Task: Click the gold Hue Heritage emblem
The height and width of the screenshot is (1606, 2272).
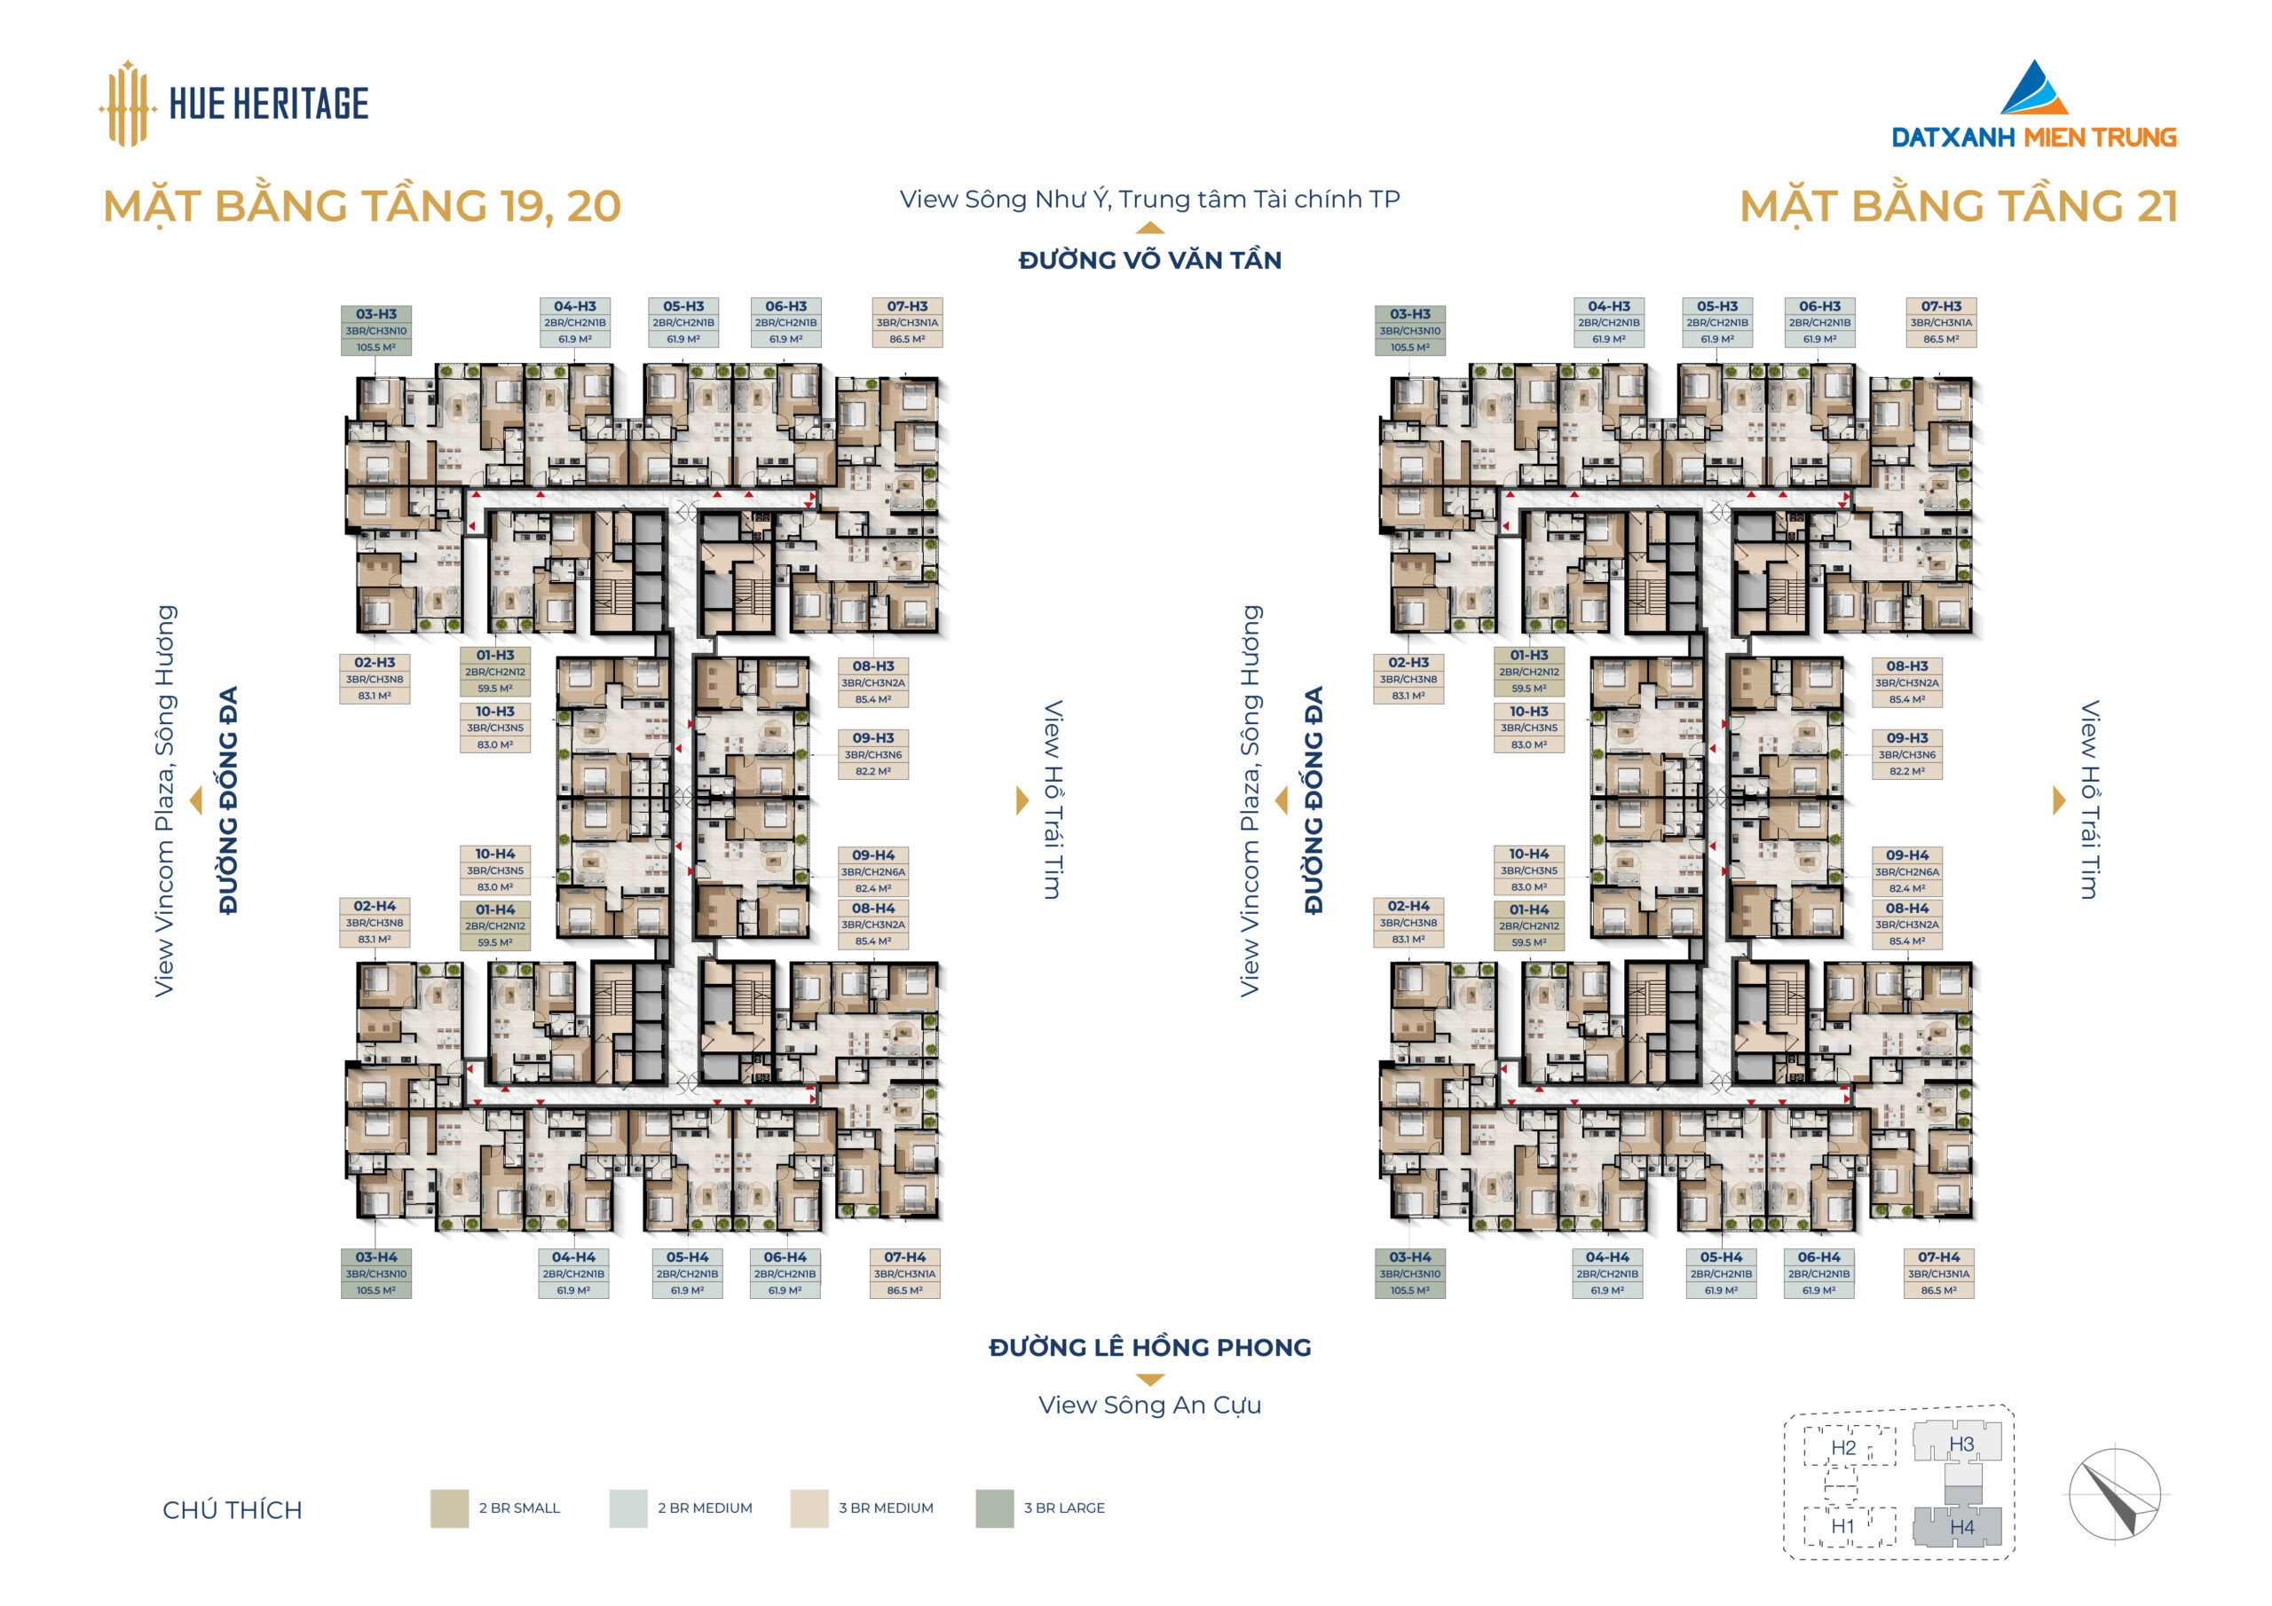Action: coord(127,104)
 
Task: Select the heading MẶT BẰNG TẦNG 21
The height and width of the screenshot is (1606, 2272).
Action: coord(1960,207)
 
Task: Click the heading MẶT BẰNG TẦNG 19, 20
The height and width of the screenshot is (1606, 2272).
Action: coord(362,207)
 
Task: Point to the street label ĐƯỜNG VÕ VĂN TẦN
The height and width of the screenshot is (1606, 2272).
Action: coord(1150,260)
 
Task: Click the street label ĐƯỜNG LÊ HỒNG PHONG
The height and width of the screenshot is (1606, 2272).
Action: coord(1150,1347)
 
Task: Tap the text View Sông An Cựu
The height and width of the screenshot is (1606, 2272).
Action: coord(1150,1405)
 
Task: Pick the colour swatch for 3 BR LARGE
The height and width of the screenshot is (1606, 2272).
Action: coord(995,1508)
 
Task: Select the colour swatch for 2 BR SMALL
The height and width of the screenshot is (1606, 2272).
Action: coord(449,1508)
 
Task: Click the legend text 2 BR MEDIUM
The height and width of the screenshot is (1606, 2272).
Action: coord(705,1508)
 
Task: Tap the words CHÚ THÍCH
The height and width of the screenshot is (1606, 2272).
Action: coord(233,1510)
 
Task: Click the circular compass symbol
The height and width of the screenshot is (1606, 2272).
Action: coord(2116,1494)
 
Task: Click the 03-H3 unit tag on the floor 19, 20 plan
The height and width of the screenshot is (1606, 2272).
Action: coord(376,330)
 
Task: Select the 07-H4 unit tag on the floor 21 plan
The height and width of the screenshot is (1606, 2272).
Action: coord(1938,1273)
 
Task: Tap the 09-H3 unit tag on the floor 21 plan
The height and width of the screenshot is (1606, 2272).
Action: coord(1907,754)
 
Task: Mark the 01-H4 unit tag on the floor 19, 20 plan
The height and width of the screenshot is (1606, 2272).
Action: coord(494,925)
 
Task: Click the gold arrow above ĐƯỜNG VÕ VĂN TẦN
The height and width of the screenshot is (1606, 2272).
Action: coord(1150,229)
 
